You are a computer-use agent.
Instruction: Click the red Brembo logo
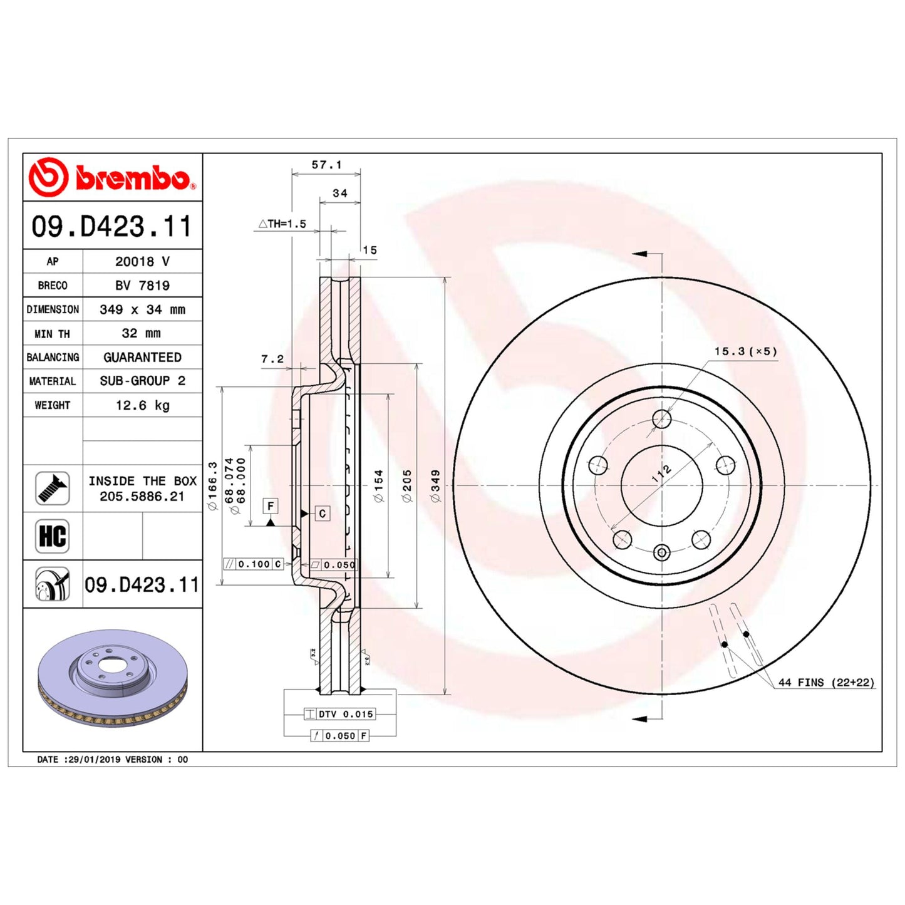click(x=112, y=177)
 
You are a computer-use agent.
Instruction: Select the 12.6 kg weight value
click(x=143, y=405)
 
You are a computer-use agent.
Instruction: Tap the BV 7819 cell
click(x=142, y=285)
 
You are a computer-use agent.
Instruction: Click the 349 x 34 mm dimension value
click(x=142, y=309)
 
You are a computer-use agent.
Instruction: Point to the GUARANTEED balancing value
click(x=142, y=358)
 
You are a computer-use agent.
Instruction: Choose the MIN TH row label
click(x=52, y=334)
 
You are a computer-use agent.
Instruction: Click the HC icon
click(x=52, y=536)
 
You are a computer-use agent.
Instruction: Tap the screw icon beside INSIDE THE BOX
click(x=52, y=489)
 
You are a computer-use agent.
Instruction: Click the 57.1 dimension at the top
click(x=327, y=165)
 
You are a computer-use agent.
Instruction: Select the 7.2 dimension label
click(x=272, y=359)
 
